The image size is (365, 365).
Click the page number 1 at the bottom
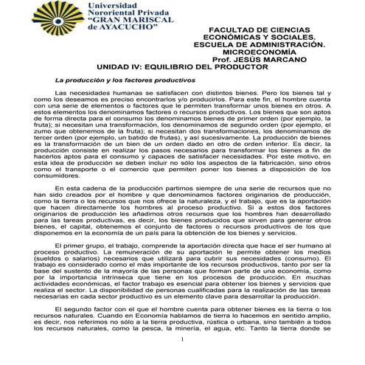pyautogui.click(x=182, y=359)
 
